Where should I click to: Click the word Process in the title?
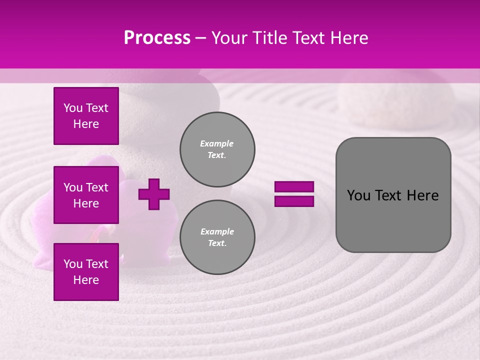[x=157, y=38]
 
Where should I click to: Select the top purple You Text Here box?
[x=86, y=116]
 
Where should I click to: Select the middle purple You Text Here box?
[x=86, y=195]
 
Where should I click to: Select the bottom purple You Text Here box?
[x=86, y=271]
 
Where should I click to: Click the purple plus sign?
[x=154, y=194]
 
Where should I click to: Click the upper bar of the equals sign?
[x=294, y=186]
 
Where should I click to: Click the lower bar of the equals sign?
[x=294, y=201]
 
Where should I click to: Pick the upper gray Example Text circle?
[x=217, y=149]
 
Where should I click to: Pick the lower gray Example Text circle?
[x=217, y=237]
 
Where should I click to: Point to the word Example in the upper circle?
[x=217, y=143]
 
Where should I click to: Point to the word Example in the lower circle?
[x=217, y=231]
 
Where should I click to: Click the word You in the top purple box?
[x=72, y=108]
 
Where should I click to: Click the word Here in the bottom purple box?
[x=86, y=280]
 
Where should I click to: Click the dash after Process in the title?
[x=201, y=38]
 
